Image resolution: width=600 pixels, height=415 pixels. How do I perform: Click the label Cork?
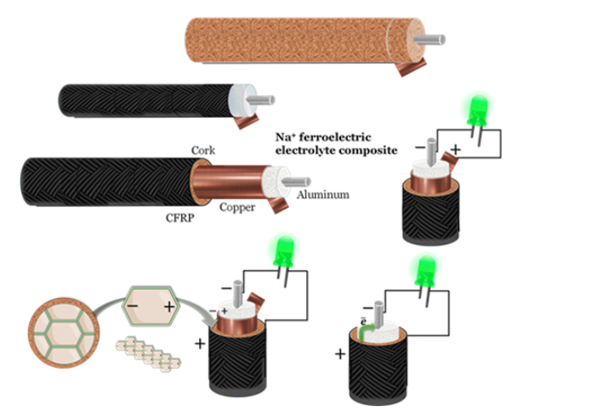(x=202, y=151)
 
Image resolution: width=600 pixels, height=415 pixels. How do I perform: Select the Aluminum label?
(x=322, y=195)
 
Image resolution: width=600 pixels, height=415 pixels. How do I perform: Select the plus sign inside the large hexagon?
(x=169, y=306)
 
